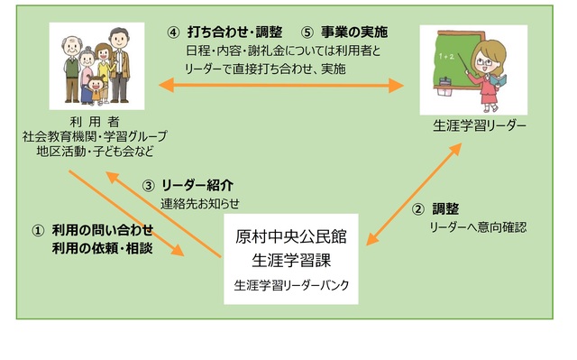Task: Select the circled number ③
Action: (x=150, y=186)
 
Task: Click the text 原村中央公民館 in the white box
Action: (x=290, y=238)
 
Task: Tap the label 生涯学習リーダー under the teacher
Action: (x=479, y=125)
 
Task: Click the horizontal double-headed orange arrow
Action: (x=280, y=86)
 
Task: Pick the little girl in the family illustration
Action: (x=96, y=88)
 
